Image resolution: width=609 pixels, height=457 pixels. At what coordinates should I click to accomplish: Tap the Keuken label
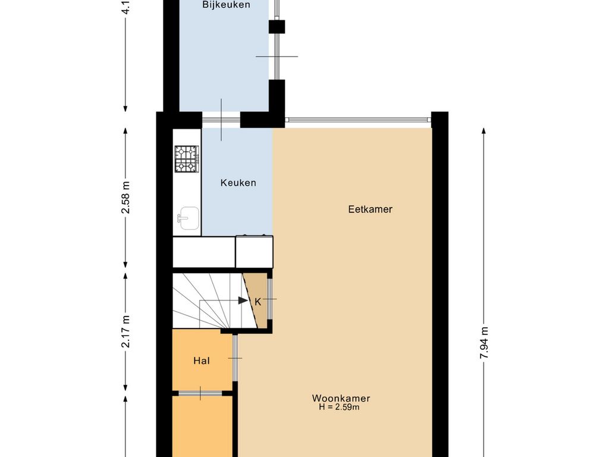[x=238, y=183]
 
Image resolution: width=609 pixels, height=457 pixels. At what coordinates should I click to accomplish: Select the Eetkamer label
[x=370, y=209]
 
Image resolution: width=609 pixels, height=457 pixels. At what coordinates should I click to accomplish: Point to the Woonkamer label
[x=341, y=398]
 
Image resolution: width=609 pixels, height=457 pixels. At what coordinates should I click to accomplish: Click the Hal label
[x=202, y=361]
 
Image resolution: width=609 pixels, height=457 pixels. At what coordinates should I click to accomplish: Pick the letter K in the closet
[x=258, y=302]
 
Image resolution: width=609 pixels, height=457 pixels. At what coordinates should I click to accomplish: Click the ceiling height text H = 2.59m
[x=339, y=408]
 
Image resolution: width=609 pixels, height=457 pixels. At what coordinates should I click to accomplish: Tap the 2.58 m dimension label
[x=125, y=198]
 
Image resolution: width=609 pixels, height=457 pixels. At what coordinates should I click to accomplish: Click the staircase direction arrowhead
[x=243, y=301]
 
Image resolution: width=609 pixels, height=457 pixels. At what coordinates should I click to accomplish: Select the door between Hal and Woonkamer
[x=236, y=358]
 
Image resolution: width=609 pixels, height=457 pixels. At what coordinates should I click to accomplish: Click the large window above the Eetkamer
[x=357, y=120]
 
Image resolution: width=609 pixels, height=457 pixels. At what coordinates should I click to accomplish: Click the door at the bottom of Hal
[x=201, y=393]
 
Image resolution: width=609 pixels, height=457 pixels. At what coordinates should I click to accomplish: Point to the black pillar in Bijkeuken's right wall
[x=277, y=26]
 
